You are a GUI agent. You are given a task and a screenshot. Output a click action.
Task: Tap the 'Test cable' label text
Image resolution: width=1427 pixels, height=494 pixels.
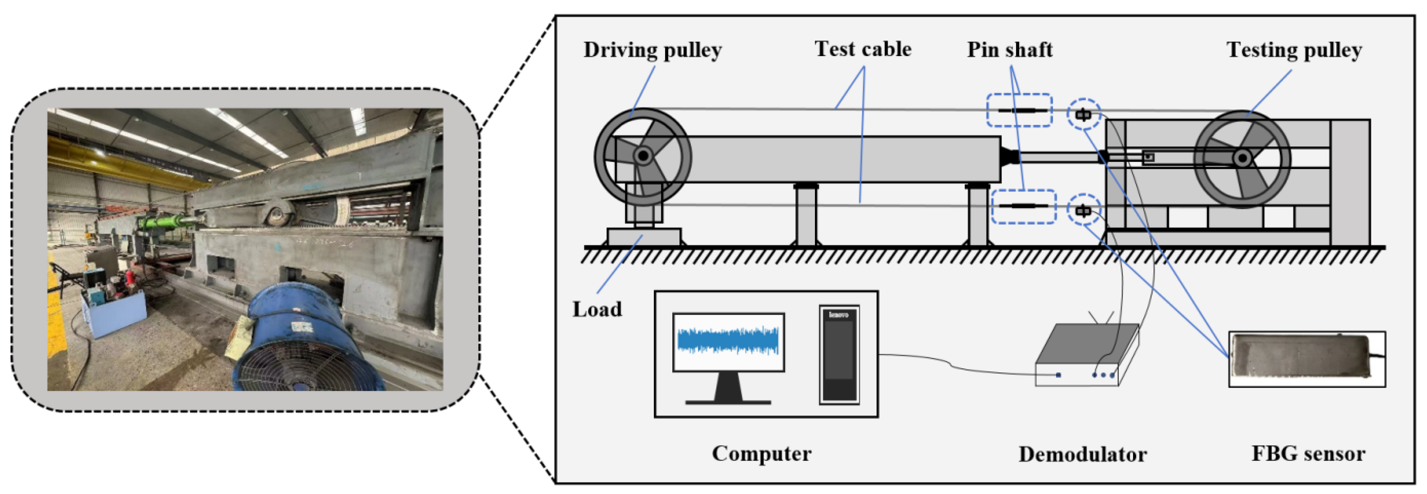(863, 49)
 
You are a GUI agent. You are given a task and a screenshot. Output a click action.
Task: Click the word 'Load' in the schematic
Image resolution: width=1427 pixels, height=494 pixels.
(597, 309)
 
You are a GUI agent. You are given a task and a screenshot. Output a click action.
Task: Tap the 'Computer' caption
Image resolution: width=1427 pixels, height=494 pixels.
(761, 454)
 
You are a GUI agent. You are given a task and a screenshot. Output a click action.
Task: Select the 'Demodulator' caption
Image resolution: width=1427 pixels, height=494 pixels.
(1082, 454)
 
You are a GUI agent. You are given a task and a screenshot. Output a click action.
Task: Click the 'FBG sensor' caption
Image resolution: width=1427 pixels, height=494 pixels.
(1308, 454)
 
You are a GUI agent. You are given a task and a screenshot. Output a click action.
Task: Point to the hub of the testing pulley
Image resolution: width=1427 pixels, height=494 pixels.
(1243, 159)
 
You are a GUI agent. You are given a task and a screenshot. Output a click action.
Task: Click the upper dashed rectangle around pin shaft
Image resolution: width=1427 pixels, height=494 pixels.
(1019, 111)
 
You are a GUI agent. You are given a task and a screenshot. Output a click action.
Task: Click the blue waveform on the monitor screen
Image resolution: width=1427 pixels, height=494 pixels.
(728, 340)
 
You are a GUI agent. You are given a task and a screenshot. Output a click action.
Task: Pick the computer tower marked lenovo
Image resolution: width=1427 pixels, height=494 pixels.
(839, 354)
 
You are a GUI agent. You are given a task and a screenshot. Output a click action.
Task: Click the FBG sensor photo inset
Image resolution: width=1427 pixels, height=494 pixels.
(1306, 359)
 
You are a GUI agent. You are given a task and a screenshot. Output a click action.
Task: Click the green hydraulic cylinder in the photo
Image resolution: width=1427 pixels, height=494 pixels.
(163, 223)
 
